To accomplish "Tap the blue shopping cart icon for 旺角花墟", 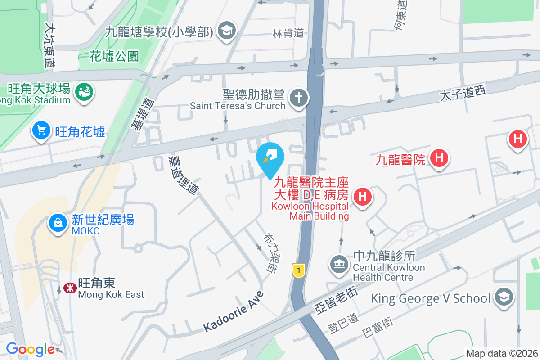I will coord(41,131).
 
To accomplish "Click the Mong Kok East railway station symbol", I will coord(70,288).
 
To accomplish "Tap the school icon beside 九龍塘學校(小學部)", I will coord(226,31).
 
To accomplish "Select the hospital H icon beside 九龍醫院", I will coord(439,158).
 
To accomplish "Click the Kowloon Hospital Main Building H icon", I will coord(363,197).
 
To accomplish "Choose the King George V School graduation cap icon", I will coord(504,297).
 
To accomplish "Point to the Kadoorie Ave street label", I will coord(233,311).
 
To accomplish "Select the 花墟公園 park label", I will coord(114,56).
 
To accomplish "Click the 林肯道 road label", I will coord(288,33).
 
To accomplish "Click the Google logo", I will coord(30,349).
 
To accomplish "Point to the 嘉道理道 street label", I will coord(183,175).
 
